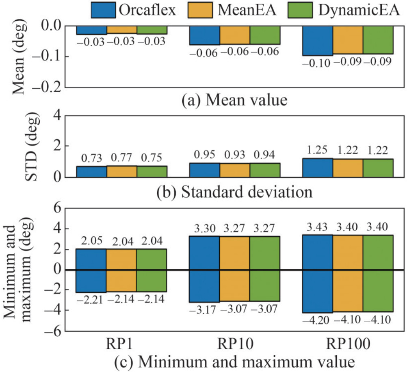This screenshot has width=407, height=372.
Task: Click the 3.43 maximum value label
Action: [x=317, y=226]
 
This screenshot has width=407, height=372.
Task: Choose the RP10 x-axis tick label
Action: [x=235, y=344]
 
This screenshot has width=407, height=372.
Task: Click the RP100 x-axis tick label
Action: [x=348, y=344]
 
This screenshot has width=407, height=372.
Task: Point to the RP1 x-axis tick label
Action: [x=121, y=344]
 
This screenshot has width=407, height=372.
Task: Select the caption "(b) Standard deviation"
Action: [x=235, y=191]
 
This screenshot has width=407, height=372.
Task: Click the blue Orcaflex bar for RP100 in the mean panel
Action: [x=317, y=40]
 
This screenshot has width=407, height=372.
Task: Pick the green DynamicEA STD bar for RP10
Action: [x=265, y=170]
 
